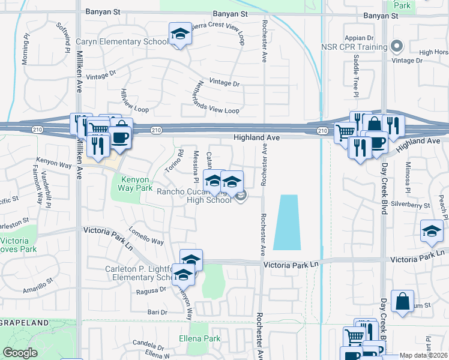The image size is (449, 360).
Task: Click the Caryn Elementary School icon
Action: [179, 35]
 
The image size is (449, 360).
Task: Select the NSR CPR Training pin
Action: [396, 46]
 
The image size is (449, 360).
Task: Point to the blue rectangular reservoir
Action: [286, 222]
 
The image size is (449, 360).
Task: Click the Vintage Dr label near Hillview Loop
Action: [101, 76]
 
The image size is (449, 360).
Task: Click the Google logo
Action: [20, 353]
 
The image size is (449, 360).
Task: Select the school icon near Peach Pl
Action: [432, 232]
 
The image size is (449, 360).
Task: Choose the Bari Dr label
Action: [157, 312]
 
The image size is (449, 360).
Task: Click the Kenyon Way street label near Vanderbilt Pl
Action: [54, 163]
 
